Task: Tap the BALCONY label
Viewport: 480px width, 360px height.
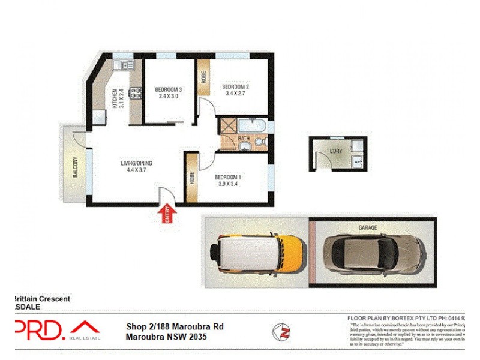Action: point(76,167)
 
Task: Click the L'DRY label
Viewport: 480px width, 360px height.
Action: point(335,152)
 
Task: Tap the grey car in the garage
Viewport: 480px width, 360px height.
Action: point(374,250)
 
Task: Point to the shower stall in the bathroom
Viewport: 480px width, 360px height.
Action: point(227,127)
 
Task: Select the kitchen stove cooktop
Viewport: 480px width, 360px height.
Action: point(136,93)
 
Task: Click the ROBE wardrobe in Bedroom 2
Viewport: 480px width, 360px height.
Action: point(204,77)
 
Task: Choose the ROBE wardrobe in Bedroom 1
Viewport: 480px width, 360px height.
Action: point(192,179)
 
